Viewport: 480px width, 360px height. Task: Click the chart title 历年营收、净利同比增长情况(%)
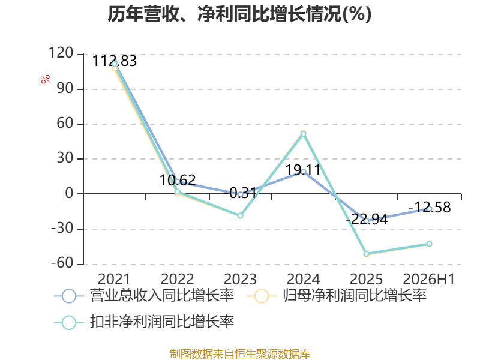[x=239, y=14]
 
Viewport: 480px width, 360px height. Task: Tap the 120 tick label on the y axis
[x=61, y=53]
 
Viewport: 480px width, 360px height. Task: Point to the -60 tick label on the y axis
[x=62, y=263]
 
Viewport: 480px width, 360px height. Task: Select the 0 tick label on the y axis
[x=69, y=193]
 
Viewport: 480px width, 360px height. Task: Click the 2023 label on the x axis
[x=241, y=279]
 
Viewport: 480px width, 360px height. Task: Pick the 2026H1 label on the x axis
[x=429, y=279]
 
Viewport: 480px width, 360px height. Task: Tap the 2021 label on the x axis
[x=114, y=279]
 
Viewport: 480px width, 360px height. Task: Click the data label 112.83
[x=115, y=61]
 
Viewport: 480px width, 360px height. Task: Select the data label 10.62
[x=178, y=180]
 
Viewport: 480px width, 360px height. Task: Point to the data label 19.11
[x=303, y=170]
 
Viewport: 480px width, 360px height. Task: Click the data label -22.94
[x=367, y=219]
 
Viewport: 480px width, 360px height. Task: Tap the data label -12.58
[x=430, y=207]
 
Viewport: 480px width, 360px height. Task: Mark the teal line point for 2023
[x=241, y=216]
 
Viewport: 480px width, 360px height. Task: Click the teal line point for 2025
[x=367, y=254]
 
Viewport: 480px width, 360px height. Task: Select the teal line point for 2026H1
[x=429, y=244]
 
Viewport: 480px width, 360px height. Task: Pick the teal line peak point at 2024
[x=304, y=134]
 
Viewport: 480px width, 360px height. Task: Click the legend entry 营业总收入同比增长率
[x=144, y=296]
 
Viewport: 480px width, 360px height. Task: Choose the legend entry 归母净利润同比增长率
[x=337, y=296]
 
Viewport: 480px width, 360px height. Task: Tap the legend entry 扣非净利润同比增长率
[x=144, y=322]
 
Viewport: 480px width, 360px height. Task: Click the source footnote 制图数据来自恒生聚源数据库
[x=240, y=354]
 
